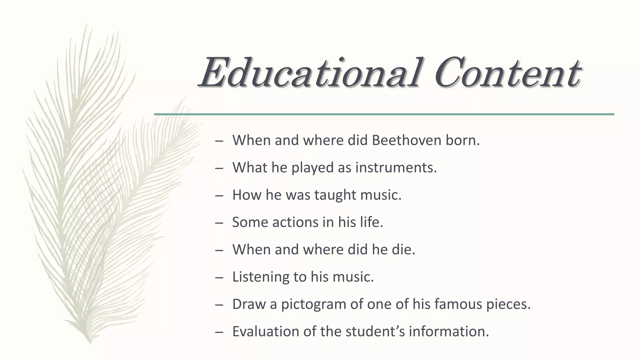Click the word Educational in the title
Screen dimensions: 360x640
point(309,72)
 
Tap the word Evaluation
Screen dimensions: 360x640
point(265,331)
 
